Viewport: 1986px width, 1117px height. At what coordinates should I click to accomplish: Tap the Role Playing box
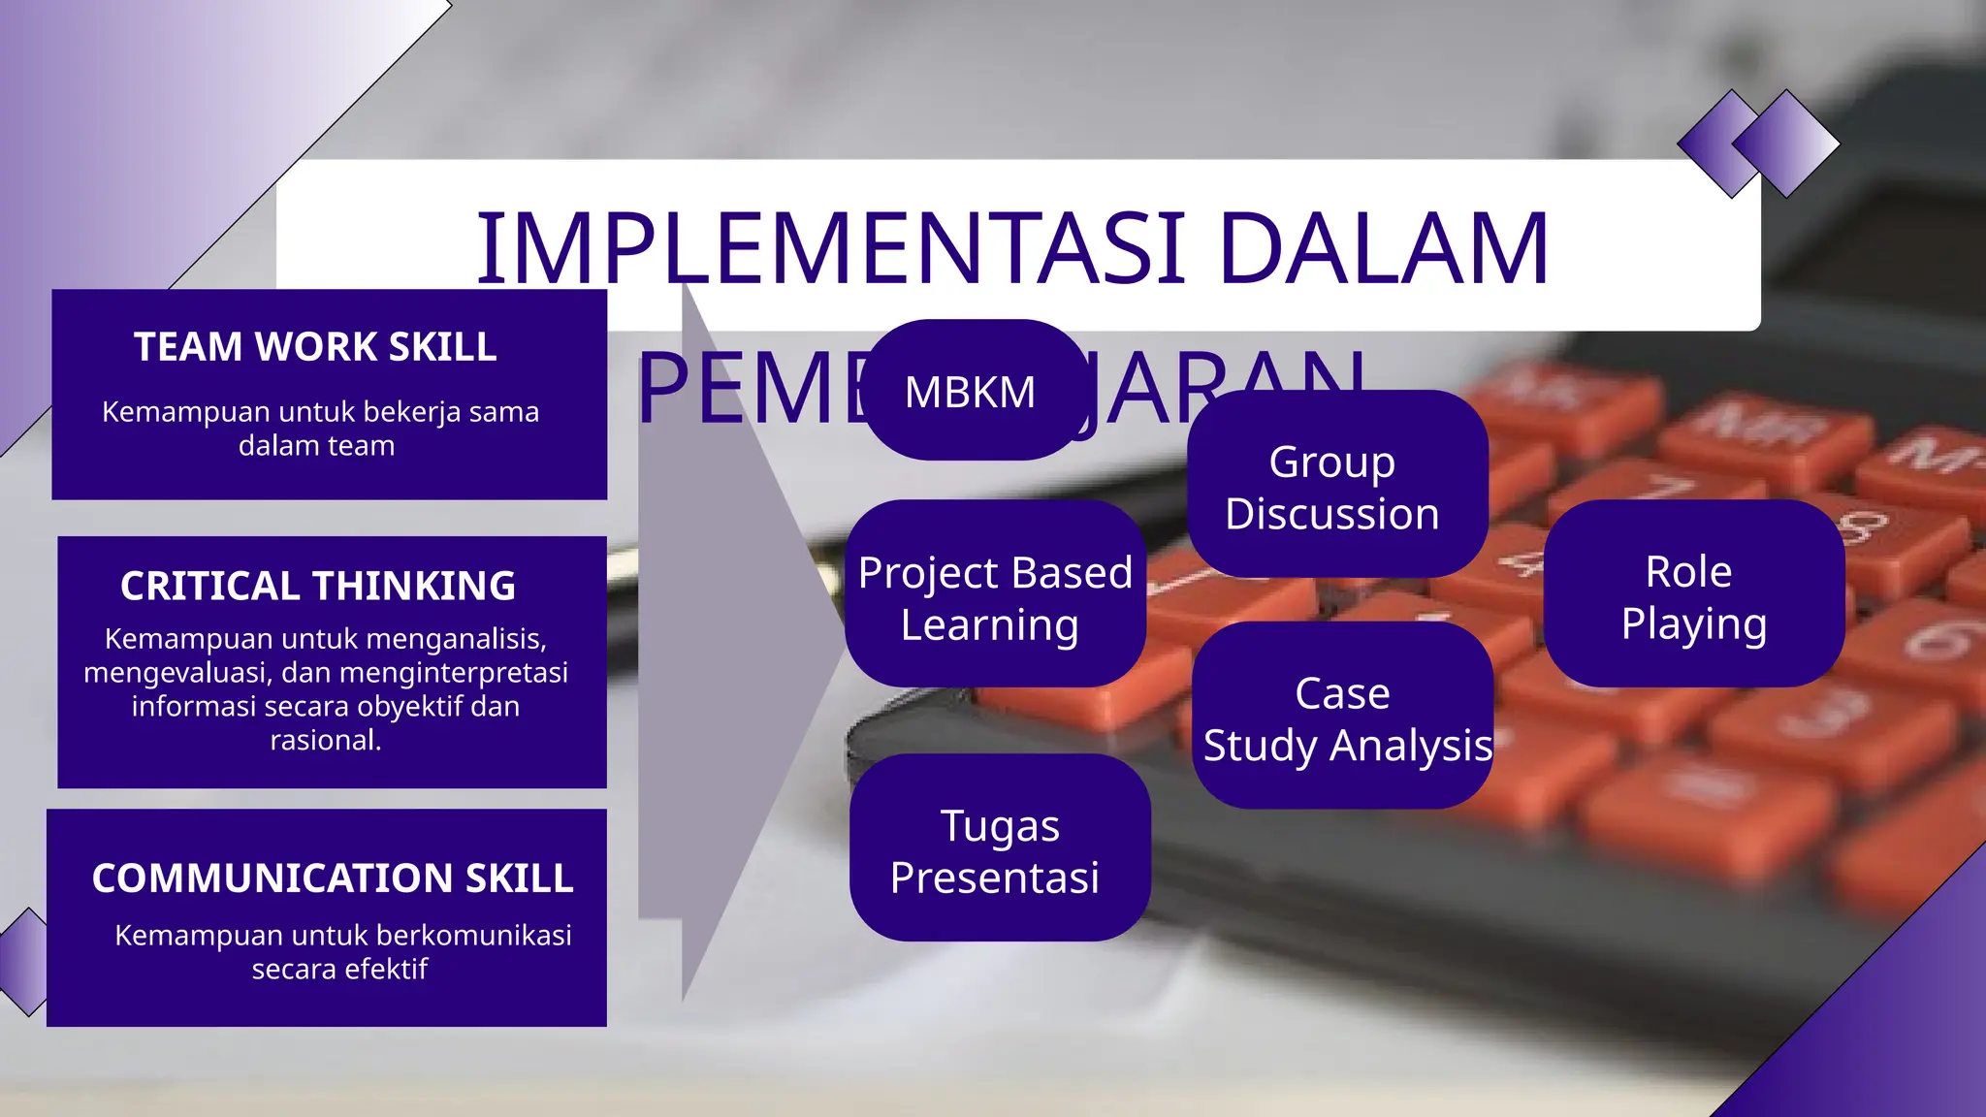tap(1693, 594)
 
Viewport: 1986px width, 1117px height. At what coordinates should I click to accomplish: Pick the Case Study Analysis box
tap(1344, 718)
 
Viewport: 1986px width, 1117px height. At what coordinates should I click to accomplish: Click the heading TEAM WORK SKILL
tap(315, 347)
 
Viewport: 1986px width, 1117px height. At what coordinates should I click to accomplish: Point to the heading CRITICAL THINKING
tap(318, 586)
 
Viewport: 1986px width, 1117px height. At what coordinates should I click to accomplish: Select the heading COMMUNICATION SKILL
tap(333, 878)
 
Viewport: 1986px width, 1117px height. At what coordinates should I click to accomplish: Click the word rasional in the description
tap(324, 741)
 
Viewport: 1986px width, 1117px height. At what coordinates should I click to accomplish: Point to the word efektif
tap(386, 969)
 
